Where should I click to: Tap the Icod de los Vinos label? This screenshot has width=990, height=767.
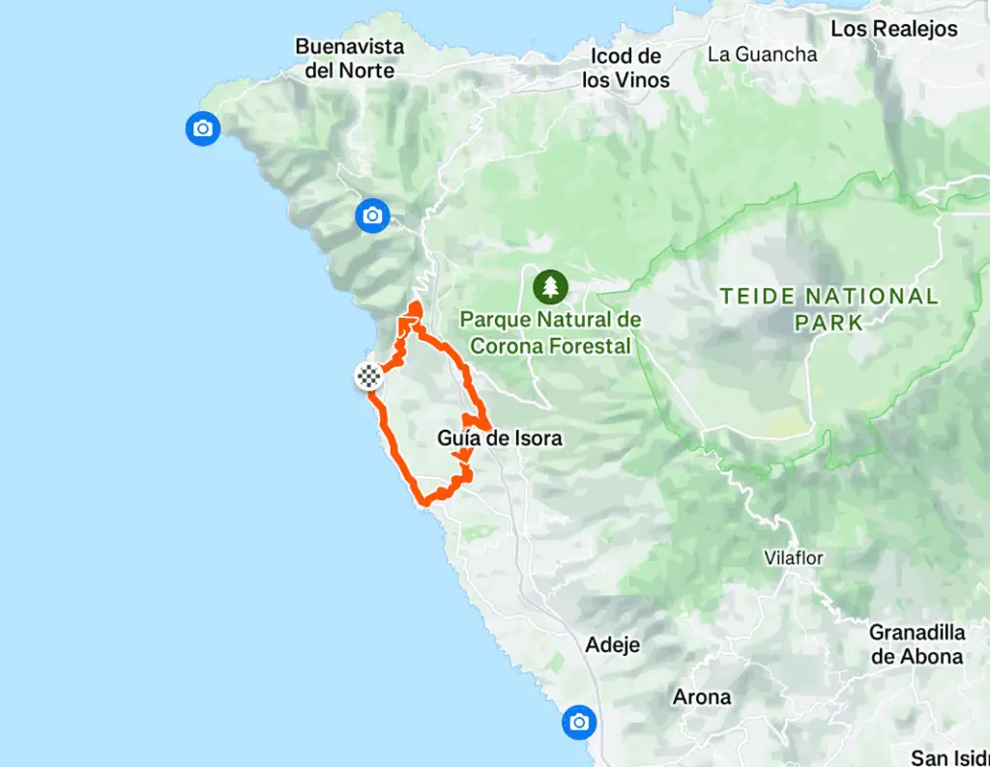point(626,69)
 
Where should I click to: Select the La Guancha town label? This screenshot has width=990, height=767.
point(762,54)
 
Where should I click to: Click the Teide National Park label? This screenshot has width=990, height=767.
point(829,309)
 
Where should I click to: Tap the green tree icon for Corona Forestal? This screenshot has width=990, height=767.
point(550,286)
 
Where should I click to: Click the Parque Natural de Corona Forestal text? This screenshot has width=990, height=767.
point(550,332)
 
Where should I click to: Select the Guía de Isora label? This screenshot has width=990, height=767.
point(499,439)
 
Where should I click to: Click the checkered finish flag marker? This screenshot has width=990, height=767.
point(368,377)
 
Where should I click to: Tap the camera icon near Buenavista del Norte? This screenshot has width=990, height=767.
point(202,128)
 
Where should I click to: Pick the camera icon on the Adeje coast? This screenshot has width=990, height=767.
point(578,722)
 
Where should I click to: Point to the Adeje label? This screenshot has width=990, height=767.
point(613,644)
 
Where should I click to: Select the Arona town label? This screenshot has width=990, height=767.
point(702,696)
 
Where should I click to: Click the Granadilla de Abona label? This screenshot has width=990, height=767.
point(917,644)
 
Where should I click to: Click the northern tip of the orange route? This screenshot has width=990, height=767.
point(416,307)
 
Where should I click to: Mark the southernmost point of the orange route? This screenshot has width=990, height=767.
point(424,502)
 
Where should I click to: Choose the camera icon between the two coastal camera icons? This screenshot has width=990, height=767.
point(372,215)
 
